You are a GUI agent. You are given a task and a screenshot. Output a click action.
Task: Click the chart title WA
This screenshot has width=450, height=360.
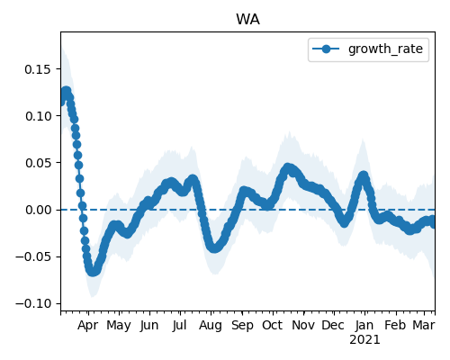(x=247, y=20)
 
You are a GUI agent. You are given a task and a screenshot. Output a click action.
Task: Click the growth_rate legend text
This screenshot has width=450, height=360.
(x=385, y=49)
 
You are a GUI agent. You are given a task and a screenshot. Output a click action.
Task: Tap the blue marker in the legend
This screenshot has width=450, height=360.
(x=326, y=49)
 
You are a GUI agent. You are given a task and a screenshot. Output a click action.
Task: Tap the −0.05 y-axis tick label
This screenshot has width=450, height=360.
(x=34, y=256)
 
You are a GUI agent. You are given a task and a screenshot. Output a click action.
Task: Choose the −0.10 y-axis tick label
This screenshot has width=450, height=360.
(x=34, y=303)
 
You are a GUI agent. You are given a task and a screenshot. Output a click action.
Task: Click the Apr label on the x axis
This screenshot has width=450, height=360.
(x=88, y=325)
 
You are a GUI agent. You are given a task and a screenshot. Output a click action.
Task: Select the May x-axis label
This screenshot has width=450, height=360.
(x=119, y=325)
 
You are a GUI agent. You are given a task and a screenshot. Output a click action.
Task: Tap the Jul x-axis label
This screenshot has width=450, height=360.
(x=180, y=325)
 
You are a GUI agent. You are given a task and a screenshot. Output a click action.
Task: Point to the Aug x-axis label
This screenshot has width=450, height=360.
(x=211, y=325)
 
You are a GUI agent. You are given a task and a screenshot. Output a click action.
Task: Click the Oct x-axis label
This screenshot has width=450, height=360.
(x=273, y=325)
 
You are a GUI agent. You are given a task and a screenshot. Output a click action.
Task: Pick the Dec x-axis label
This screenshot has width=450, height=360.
(x=333, y=325)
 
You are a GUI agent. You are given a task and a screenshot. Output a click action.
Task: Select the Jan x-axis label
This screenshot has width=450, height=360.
(x=364, y=325)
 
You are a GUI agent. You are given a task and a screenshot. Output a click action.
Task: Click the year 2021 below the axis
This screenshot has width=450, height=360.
(x=364, y=340)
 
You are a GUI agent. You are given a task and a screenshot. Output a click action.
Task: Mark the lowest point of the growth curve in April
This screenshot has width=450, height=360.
(x=93, y=272)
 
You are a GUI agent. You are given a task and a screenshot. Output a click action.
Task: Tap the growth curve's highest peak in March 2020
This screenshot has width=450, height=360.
(x=66, y=91)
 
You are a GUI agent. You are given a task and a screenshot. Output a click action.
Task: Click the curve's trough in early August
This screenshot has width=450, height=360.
(x=214, y=248)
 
